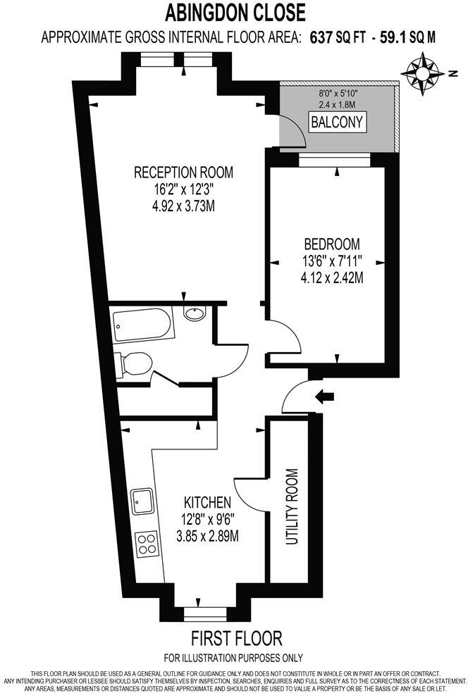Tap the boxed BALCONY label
click(338, 123)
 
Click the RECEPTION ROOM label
click(183, 173)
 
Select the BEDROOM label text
click(331, 244)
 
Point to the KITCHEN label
click(207, 503)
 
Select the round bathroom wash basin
click(194, 315)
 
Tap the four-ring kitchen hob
click(147, 543)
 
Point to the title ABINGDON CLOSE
click(235, 13)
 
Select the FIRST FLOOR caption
click(236, 639)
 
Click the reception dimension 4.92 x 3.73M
click(183, 206)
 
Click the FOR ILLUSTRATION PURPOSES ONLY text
click(233, 658)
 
